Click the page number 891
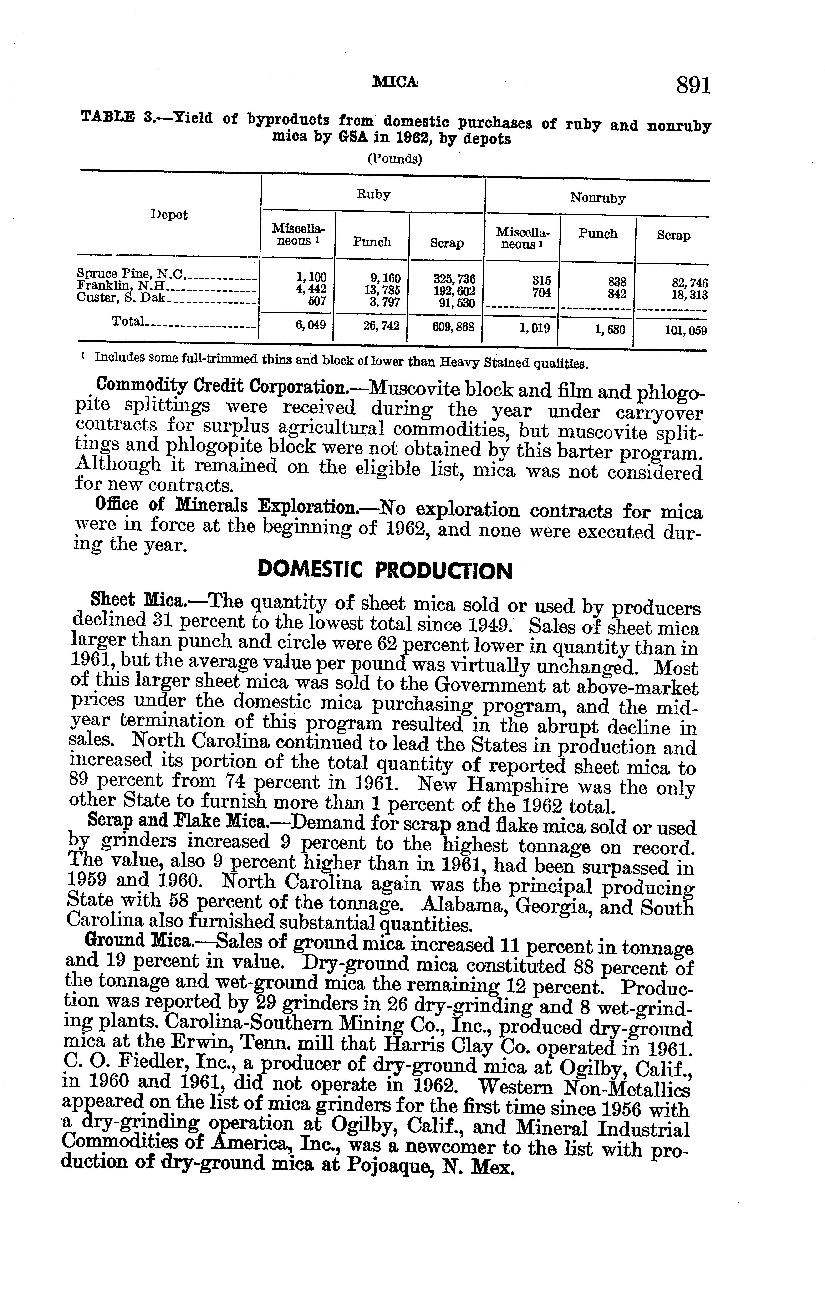coord(694,86)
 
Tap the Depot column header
coord(169,215)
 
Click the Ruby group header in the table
coord(373,194)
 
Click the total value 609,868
coord(453,326)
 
